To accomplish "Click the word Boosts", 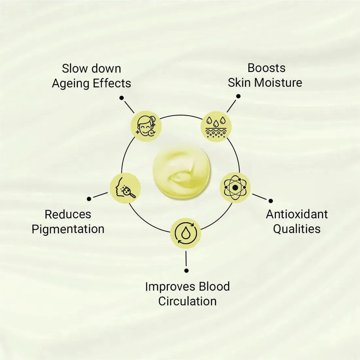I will pyautogui.click(x=266, y=68).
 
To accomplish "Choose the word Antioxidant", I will pyautogui.click(x=297, y=214).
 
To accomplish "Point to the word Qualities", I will pyautogui.click(x=297, y=229).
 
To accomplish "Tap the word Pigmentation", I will pyautogui.click(x=68, y=229).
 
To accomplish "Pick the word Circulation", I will pyautogui.click(x=187, y=301).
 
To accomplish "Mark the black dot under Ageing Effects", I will pyautogui.click(x=121, y=97).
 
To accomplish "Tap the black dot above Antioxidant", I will pyautogui.click(x=270, y=200).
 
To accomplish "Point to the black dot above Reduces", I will pyautogui.click(x=90, y=198).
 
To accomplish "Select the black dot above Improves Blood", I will pyautogui.click(x=186, y=270).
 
